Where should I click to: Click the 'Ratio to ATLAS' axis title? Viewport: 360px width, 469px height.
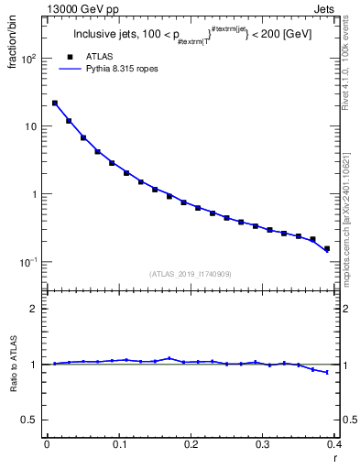14,365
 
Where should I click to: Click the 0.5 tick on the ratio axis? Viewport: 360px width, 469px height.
30,420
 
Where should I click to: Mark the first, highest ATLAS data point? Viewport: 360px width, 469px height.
55,104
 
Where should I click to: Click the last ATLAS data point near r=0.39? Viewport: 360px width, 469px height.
327,248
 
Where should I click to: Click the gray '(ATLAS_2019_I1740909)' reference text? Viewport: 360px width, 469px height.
191,274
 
